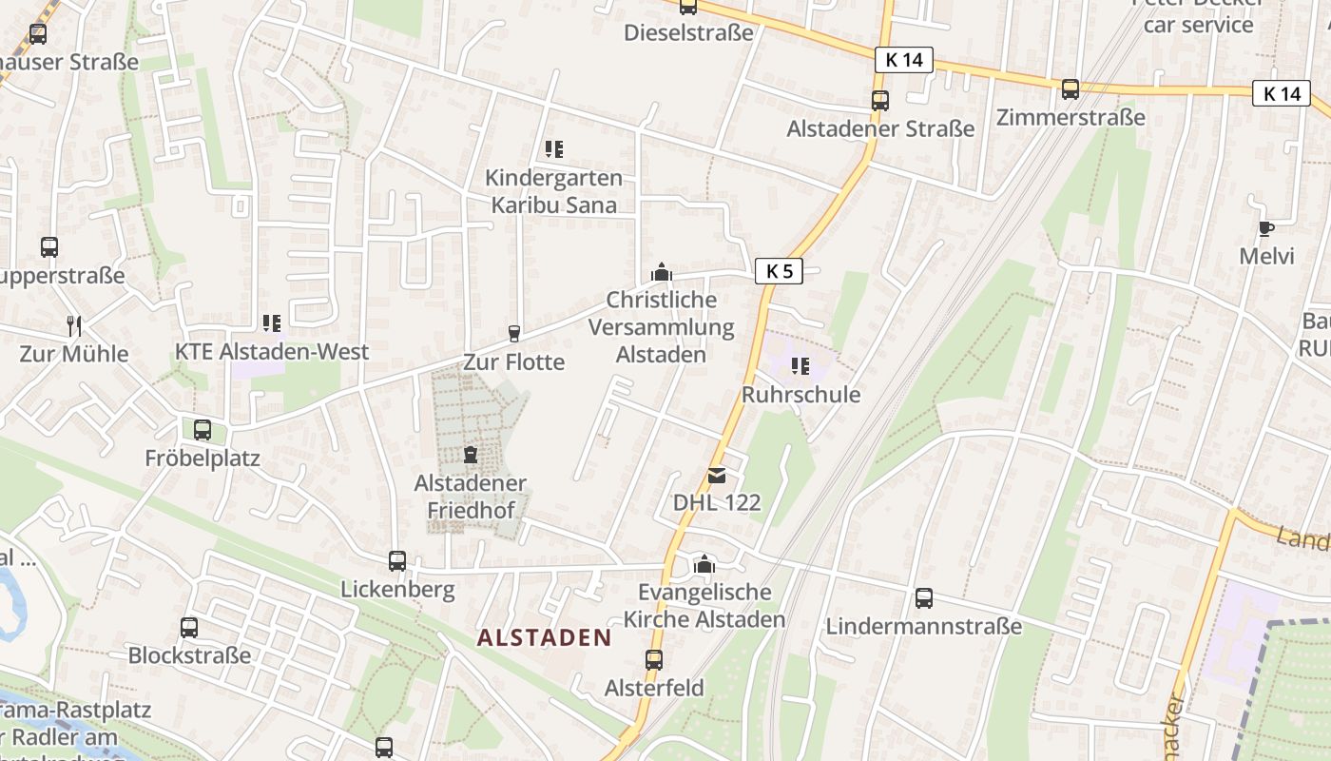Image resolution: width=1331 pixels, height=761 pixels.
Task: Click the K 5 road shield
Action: coord(779,271)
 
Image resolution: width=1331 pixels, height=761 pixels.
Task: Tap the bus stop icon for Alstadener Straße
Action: coord(880,100)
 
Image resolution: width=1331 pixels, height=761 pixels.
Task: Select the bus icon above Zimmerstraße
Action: coord(1071,89)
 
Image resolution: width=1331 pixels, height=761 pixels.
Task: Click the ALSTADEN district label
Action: coord(544,637)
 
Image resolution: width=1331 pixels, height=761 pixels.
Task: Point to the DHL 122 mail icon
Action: coord(717,475)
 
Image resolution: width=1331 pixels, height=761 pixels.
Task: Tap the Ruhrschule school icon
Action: coord(801,366)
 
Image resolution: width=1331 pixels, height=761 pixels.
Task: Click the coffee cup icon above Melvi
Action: coord(1265,228)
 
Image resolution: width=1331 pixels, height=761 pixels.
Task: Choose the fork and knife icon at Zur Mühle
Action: coord(74,326)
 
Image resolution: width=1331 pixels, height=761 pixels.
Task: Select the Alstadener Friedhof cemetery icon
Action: coord(470,455)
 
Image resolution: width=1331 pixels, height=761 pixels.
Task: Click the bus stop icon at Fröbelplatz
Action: coord(203,430)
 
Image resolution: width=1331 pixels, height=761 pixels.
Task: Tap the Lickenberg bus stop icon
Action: coord(397,561)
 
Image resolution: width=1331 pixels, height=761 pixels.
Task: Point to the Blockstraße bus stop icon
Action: coord(189,628)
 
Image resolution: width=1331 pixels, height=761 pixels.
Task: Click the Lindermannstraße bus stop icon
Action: coord(923,598)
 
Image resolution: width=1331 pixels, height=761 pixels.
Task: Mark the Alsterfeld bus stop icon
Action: coord(654,659)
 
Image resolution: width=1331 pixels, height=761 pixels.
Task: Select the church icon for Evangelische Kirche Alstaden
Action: coord(704,565)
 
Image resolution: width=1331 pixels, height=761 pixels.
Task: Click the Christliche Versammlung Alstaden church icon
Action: coord(662,273)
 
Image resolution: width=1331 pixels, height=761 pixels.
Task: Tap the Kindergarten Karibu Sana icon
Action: coord(553,149)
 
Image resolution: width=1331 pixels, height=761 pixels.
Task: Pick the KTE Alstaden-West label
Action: coord(272,352)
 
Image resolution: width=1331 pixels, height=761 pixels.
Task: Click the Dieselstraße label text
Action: coord(688,32)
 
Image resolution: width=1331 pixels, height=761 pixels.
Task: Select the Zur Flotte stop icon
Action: coord(514,333)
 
